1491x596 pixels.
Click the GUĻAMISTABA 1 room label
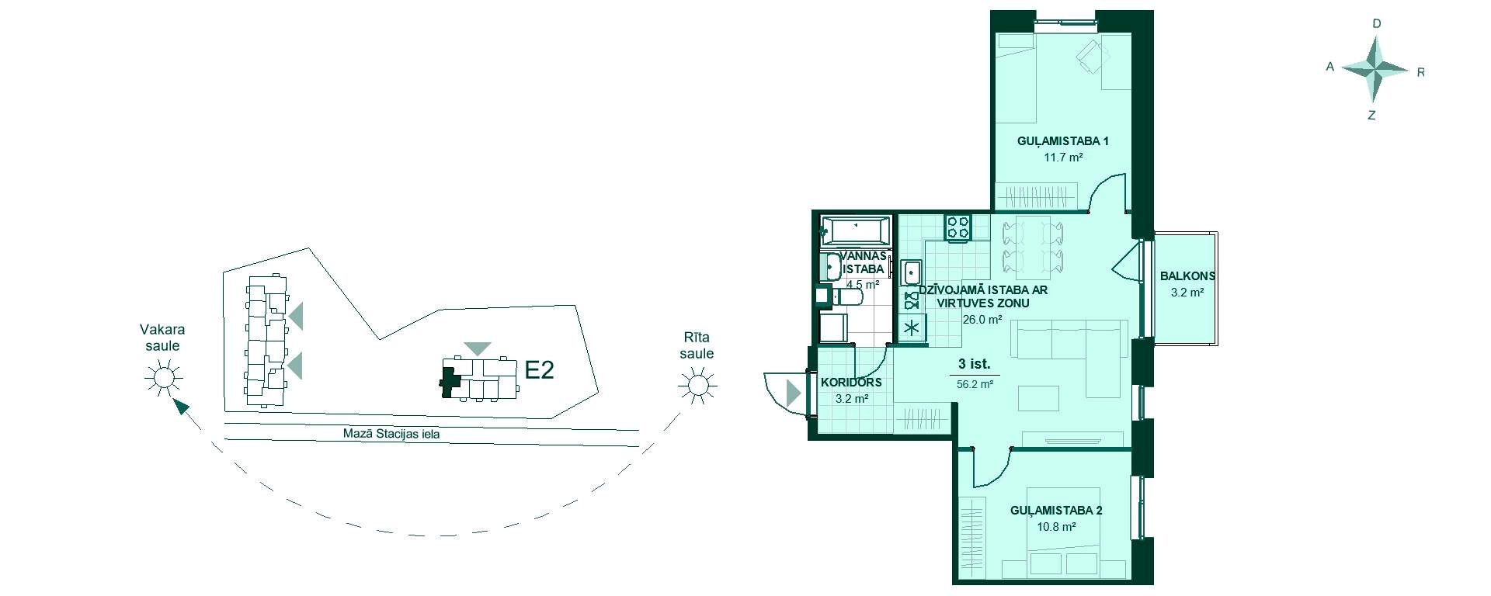click(x=1062, y=141)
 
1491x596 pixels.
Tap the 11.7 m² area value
click(x=1063, y=158)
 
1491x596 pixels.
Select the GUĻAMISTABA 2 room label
click(x=1056, y=511)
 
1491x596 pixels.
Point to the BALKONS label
click(x=1187, y=276)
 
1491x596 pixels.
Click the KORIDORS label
click(x=851, y=383)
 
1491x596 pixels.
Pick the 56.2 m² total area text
click(x=975, y=384)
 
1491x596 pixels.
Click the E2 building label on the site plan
click(x=539, y=370)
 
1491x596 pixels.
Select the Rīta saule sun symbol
click(x=697, y=385)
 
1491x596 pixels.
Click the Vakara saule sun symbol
click(x=162, y=378)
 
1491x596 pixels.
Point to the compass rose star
click(x=1375, y=70)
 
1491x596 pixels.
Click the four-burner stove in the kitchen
click(x=958, y=227)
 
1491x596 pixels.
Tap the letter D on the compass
click(x=1377, y=24)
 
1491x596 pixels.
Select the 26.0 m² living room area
click(x=982, y=319)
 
